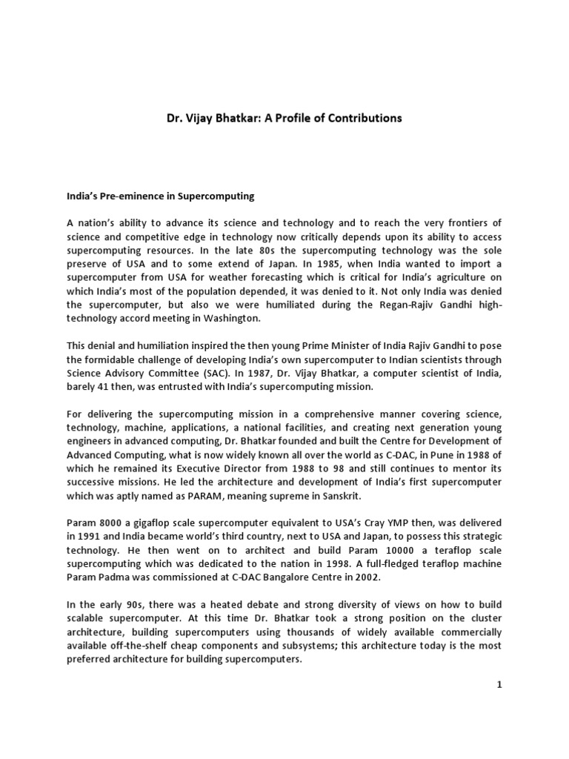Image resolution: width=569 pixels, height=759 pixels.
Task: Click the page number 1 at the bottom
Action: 499,686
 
